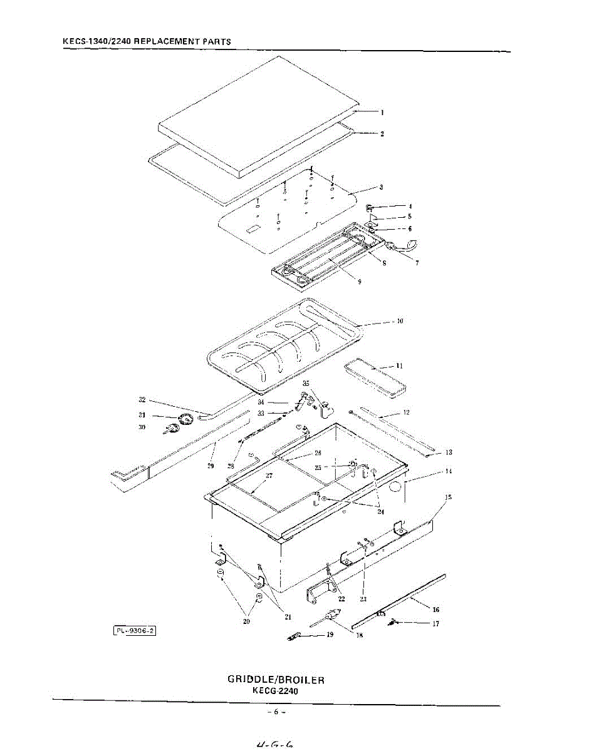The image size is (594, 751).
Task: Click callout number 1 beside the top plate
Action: coord(382,113)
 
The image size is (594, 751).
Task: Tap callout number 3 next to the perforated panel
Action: coord(382,187)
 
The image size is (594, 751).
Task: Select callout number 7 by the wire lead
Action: coord(417,263)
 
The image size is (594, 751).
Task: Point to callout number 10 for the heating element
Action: coord(399,322)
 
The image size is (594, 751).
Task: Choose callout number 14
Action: coord(448,471)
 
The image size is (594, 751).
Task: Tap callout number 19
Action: coord(330,634)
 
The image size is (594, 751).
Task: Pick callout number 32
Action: coord(142,399)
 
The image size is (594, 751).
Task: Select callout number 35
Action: coord(306,383)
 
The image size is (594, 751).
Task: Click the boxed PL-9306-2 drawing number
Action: coord(135,631)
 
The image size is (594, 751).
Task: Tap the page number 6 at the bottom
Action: coord(276,712)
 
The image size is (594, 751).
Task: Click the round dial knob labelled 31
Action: coord(184,419)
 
